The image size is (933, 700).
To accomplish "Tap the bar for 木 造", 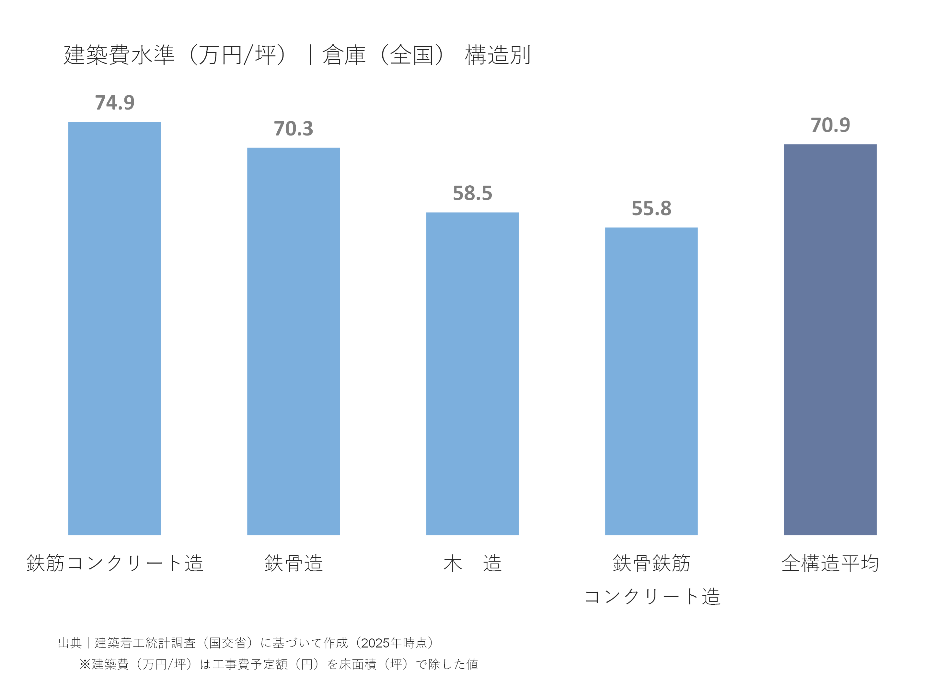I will pyautogui.click(x=472, y=373).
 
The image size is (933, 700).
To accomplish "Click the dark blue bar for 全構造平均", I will pyautogui.click(x=830, y=340).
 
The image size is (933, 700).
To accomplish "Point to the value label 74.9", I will pyautogui.click(x=114, y=102).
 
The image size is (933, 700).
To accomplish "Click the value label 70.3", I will pyautogui.click(x=293, y=129).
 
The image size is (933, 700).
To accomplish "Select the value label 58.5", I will pyautogui.click(x=472, y=193).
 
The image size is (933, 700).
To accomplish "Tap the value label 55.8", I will pyautogui.click(x=651, y=208).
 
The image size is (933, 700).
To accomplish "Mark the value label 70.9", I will pyautogui.click(x=830, y=125).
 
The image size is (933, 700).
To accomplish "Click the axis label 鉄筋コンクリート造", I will pyautogui.click(x=115, y=563).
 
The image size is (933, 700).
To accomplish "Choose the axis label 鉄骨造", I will pyautogui.click(x=294, y=563).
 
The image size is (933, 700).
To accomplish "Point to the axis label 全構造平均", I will pyautogui.click(x=830, y=563).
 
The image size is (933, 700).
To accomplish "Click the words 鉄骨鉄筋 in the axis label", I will pyautogui.click(x=651, y=563).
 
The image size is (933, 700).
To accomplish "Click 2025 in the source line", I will pyautogui.click(x=375, y=643).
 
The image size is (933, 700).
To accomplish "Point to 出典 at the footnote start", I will pyautogui.click(x=70, y=643).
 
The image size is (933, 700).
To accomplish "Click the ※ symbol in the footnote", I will pyautogui.click(x=85, y=664).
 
